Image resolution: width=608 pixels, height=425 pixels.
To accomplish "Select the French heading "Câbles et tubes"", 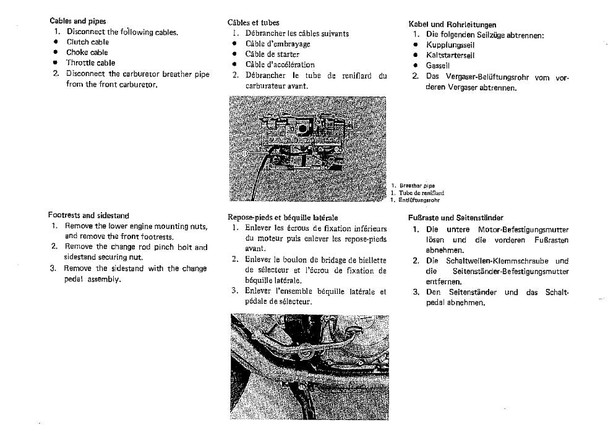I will pyautogui.click(x=254, y=23).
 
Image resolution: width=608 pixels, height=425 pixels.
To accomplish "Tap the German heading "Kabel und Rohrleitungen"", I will pyautogui.click(x=452, y=25).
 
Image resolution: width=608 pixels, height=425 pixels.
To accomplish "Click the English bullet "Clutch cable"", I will pyautogui.click(x=88, y=42).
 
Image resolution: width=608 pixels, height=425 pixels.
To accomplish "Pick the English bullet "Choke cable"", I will pyautogui.click(x=87, y=53).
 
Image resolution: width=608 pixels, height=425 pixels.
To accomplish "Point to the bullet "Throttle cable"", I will pyautogui.click(x=90, y=62).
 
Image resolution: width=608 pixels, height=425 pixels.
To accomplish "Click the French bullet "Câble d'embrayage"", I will pyautogui.click(x=278, y=44).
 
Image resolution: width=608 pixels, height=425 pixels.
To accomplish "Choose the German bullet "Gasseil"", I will pyautogui.click(x=438, y=66).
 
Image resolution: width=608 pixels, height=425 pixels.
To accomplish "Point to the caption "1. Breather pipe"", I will pyautogui.click(x=413, y=186).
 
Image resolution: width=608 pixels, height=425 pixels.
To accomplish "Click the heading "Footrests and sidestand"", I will pyautogui.click(x=88, y=215).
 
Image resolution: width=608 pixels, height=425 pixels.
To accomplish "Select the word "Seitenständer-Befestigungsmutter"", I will pyautogui.click(x=511, y=272).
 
